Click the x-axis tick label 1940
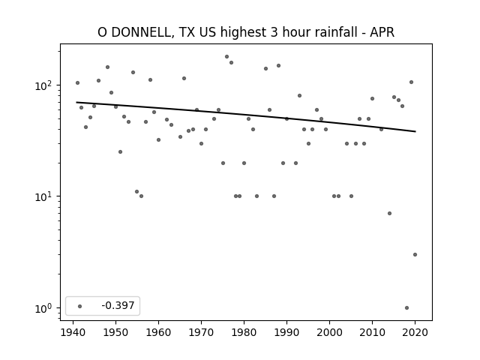[x=73, y=332]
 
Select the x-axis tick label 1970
[x=201, y=332]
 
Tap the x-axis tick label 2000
[x=329, y=332]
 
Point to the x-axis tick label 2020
[x=415, y=332]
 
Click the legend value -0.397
[x=118, y=305]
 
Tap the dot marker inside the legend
[x=80, y=306]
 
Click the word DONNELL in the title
[x=142, y=32]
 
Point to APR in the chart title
[x=382, y=32]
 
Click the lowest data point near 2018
[x=406, y=308]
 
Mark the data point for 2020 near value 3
[x=415, y=255]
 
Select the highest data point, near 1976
[x=226, y=57]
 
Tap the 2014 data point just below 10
[x=389, y=213]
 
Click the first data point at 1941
[x=77, y=83]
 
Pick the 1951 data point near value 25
[x=120, y=151]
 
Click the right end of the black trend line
[x=415, y=132]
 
